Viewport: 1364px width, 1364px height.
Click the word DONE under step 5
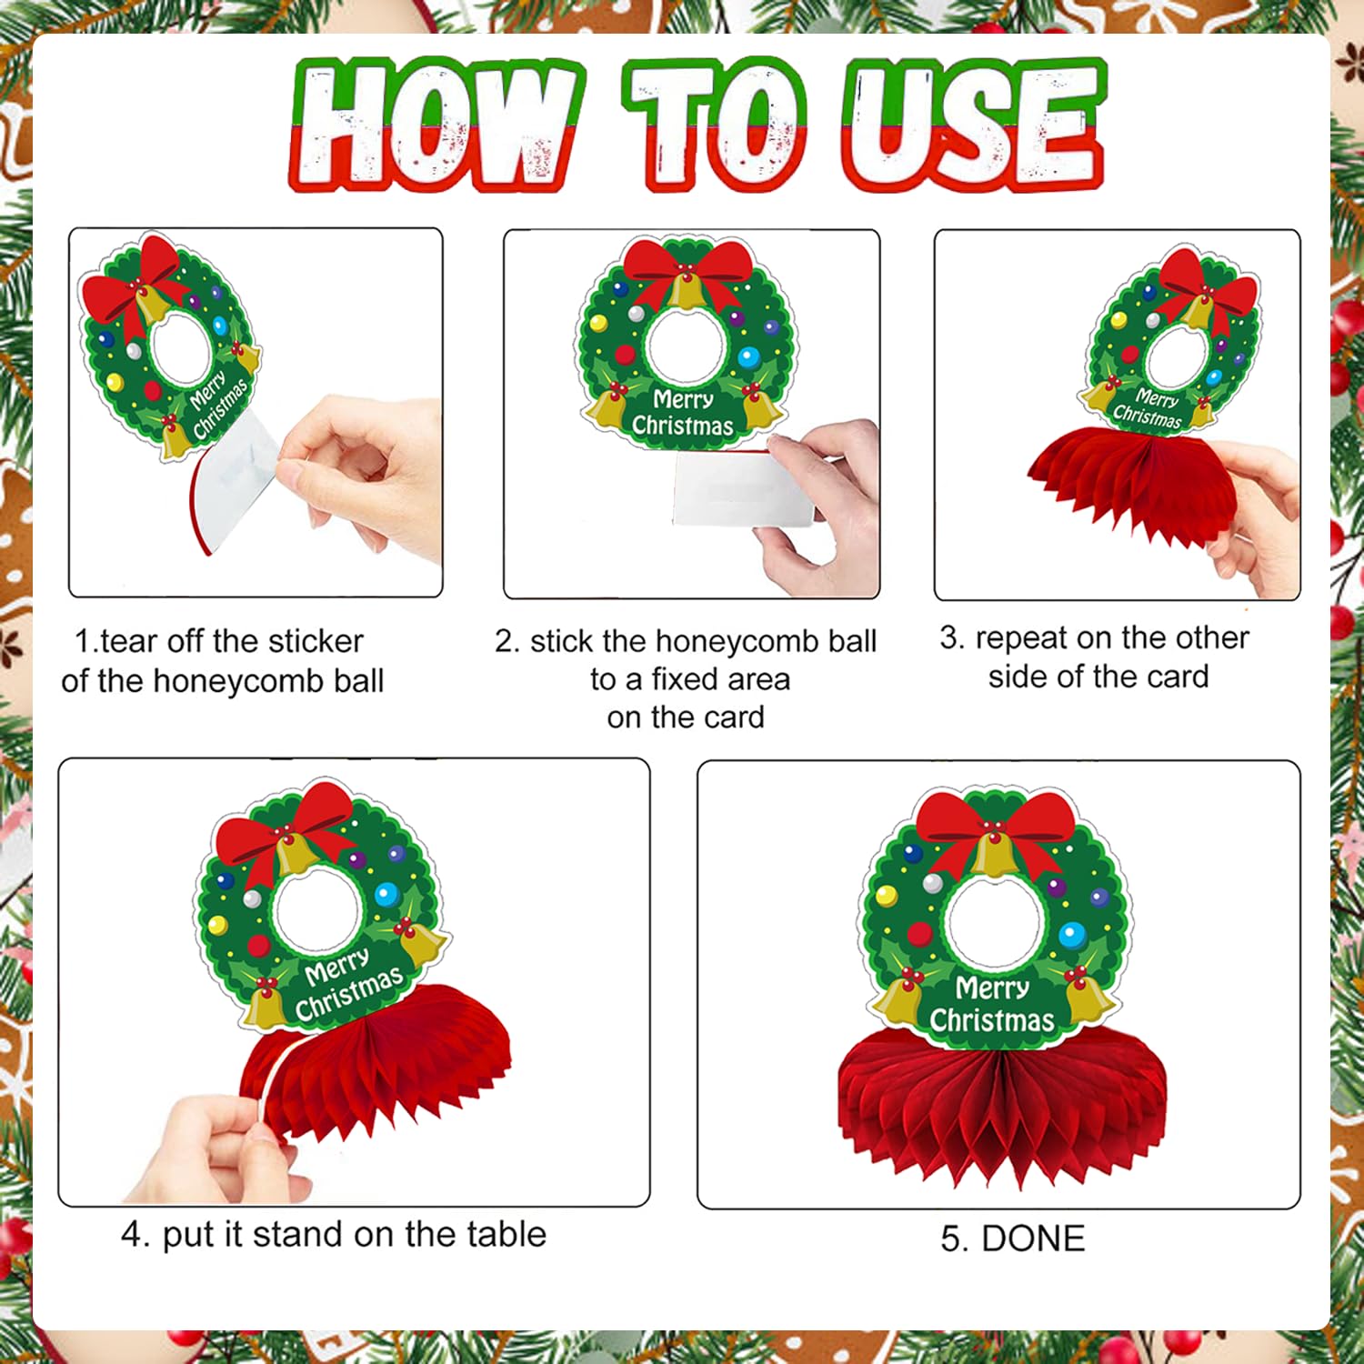click(x=1034, y=1239)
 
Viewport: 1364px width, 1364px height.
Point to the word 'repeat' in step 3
click(x=1021, y=638)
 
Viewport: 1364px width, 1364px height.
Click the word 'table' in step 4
click(x=506, y=1234)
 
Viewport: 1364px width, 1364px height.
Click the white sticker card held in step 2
click(x=744, y=489)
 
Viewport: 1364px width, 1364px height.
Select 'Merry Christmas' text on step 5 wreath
click(x=992, y=1004)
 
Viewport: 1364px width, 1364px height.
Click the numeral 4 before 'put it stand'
click(x=132, y=1235)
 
